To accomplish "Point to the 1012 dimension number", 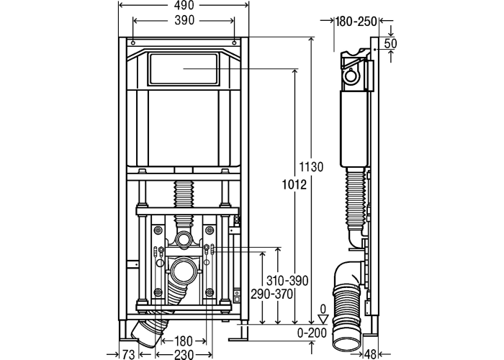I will pos(295,186).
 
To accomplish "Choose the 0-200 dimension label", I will pos(312,333).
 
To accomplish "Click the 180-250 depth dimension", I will pos(356,22).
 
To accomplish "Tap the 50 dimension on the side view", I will pos(392,44).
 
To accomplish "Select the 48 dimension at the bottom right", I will pos(390,353).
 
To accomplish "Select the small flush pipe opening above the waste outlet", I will pos(184,238).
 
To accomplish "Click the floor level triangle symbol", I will pos(324,316).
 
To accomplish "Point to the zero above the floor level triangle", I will pos(323,307).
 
